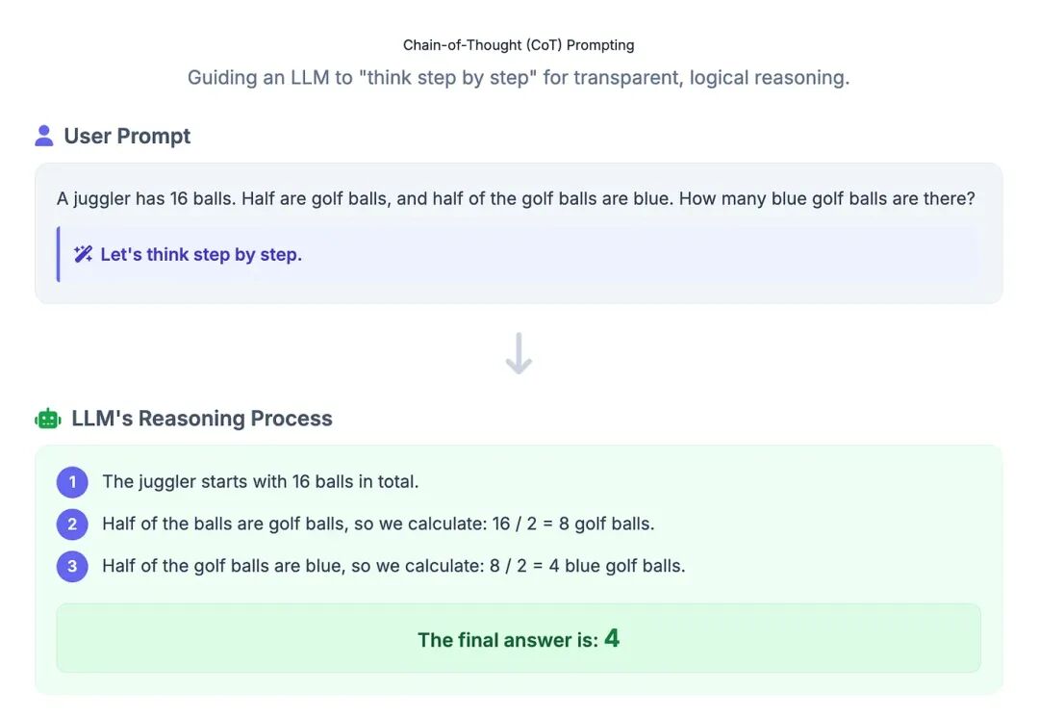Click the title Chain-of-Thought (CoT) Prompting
coord(519,45)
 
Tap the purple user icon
coord(43,136)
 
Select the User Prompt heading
coord(127,136)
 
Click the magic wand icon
coord(83,254)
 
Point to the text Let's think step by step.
coord(201,255)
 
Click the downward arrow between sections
coord(519,353)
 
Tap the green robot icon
coord(48,419)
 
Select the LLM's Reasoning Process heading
coord(202,419)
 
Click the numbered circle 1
coord(72,482)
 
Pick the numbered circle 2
coord(72,524)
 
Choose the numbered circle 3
coord(72,566)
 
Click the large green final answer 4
coord(612,638)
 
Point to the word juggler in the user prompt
coord(101,199)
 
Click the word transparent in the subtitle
coord(629,78)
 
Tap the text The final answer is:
coord(508,640)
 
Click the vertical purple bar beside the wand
coord(59,254)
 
